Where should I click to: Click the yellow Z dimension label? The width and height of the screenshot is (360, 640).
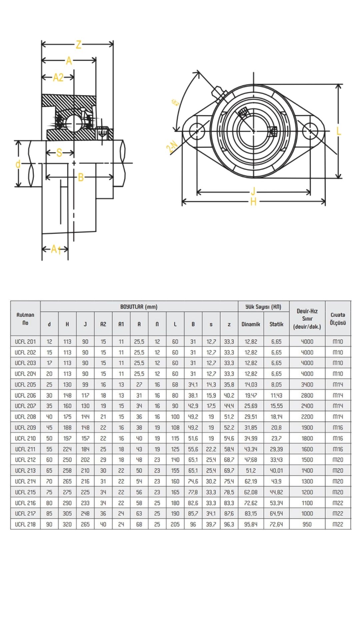pos(78,44)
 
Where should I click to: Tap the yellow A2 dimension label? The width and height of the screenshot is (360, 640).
pos(58,78)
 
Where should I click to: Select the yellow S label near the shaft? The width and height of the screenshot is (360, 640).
pos(59,153)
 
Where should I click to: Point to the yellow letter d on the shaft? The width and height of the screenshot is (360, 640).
pos(18,164)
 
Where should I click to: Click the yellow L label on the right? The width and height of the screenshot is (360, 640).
pos(339,131)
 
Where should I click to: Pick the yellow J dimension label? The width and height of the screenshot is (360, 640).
pos(253,191)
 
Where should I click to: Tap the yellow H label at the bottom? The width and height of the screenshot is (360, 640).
pos(253,202)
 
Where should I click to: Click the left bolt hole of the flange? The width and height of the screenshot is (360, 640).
pos(197,131)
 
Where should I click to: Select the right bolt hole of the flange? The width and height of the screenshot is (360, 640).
pos(310,131)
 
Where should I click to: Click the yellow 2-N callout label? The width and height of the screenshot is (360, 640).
pos(172,147)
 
